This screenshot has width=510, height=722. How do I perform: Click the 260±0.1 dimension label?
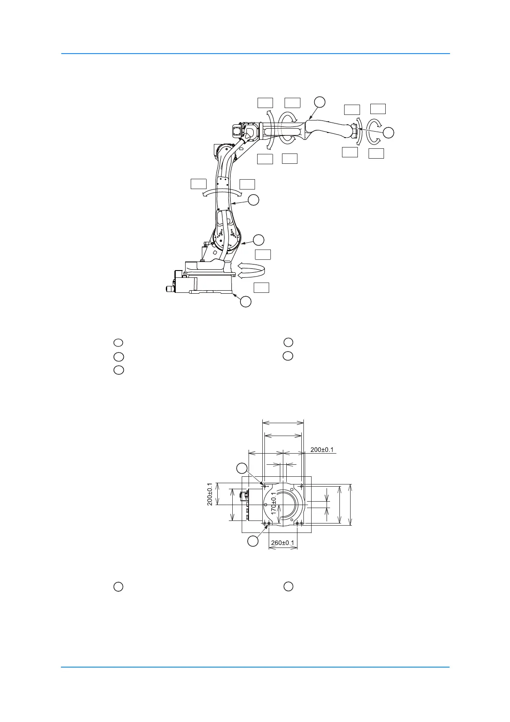point(282,542)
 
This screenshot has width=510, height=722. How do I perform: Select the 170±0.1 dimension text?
point(273,503)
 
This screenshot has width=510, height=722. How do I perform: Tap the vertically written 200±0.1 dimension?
point(210,494)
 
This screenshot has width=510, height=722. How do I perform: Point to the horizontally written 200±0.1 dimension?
point(322,449)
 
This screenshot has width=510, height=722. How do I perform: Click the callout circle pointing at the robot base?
point(246,301)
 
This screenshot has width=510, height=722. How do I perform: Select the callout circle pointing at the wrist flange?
point(389,133)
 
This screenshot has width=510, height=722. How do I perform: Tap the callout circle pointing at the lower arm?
point(254,200)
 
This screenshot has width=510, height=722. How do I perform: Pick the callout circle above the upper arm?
point(320,102)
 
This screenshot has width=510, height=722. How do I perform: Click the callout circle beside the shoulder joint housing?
point(258,240)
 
